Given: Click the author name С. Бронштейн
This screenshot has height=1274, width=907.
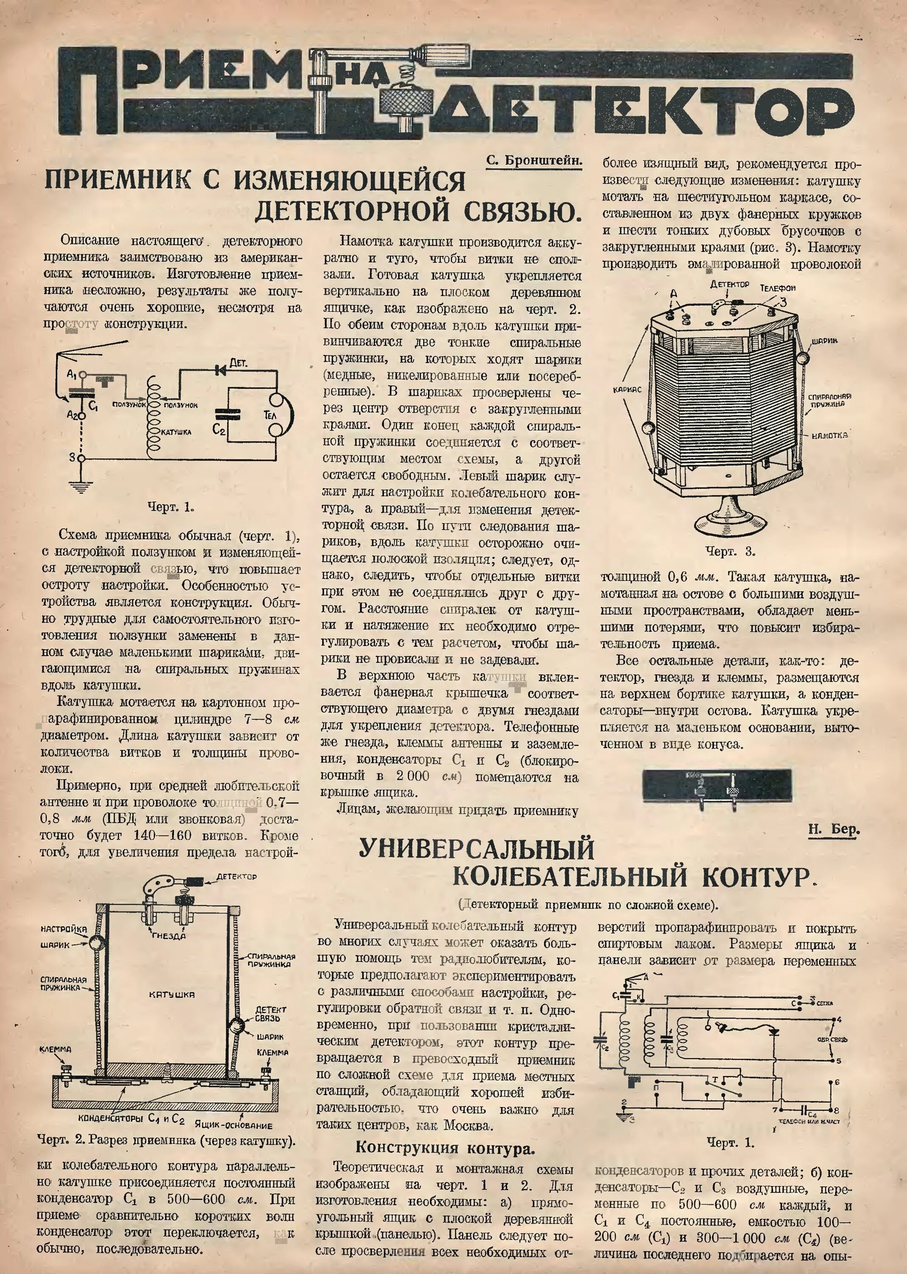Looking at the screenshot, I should pos(533,160).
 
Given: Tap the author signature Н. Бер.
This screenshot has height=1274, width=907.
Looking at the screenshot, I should pos(833,829).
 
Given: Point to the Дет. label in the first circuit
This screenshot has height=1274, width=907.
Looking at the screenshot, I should pos(239,363).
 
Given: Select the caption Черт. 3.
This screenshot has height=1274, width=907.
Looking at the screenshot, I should pos(730,551).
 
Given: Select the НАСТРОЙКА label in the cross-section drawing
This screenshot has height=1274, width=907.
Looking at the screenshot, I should pos(64,929).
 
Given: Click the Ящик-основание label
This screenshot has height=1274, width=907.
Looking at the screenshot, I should pos(234,1125).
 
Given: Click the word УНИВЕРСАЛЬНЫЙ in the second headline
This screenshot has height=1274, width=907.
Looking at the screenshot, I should pos(476,849).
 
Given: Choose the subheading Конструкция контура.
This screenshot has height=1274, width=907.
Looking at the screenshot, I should pos(445,1148).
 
